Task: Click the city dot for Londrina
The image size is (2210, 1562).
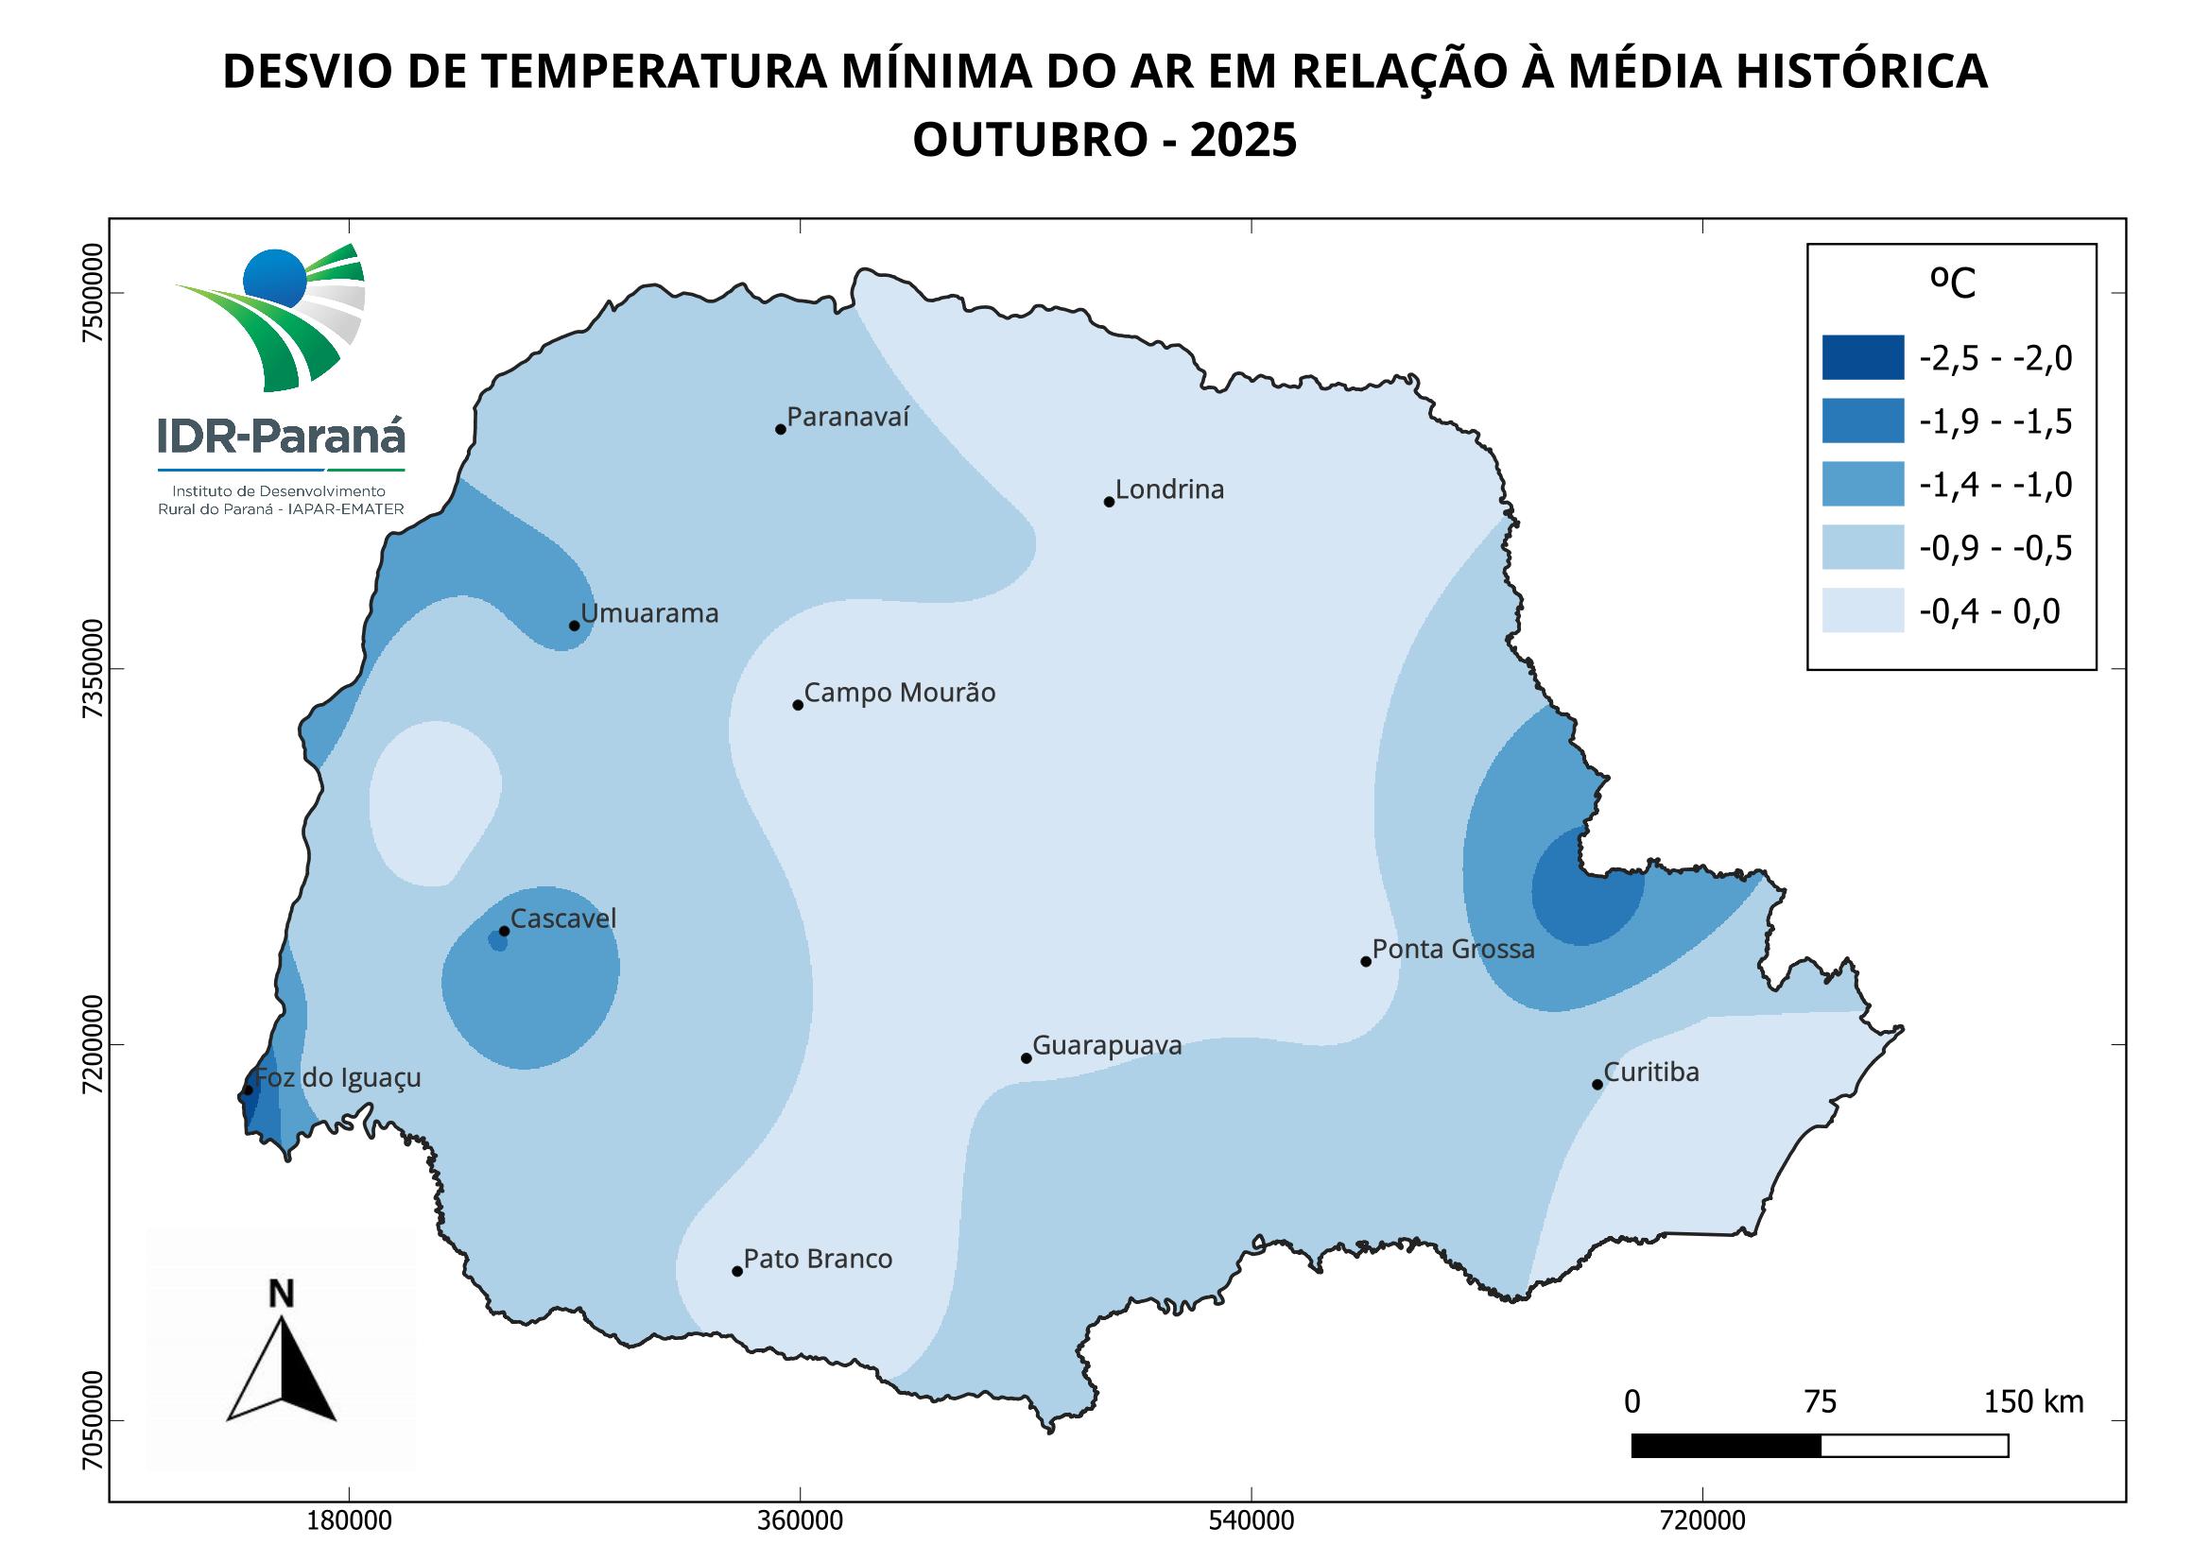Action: pos(1109,502)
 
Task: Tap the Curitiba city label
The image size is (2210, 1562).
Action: pos(1650,1073)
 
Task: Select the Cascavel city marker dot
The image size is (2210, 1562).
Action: pos(504,931)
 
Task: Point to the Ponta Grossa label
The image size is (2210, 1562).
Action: pos(1453,949)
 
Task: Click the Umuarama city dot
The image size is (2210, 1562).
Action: pos(575,626)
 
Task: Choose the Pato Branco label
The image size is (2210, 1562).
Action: pos(818,1259)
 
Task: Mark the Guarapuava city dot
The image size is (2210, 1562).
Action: pos(1027,1058)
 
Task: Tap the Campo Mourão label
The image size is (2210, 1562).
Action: pos(899,693)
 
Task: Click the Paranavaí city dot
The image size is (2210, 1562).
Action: pos(781,429)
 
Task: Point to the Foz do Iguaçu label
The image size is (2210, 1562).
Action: pos(337,1078)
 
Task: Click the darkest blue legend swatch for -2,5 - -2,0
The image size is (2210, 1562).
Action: pos(1862,357)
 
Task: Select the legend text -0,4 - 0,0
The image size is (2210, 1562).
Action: pos(1990,612)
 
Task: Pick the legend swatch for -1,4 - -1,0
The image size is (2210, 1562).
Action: pos(1862,483)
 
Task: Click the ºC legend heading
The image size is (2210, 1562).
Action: pos(1953,283)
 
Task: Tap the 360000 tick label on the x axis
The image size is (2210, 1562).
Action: pos(801,1521)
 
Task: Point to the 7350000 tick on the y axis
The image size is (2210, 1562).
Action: pos(93,669)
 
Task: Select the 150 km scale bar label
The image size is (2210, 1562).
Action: pos(2033,1402)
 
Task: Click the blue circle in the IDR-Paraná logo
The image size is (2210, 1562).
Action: pos(274,278)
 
